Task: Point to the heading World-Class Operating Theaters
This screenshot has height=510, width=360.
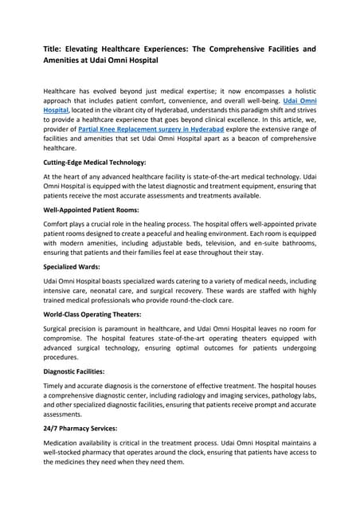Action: pyautogui.click(x=92, y=316)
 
